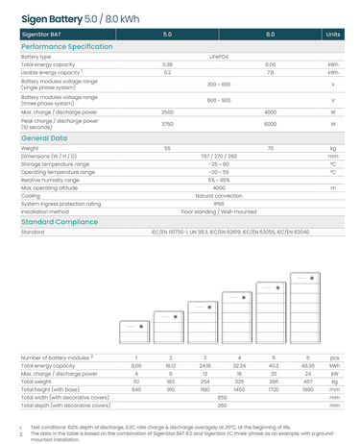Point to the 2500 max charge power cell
[167, 112]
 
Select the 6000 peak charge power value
[270, 125]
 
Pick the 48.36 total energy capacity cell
[307, 366]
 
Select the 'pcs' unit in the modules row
[334, 358]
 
